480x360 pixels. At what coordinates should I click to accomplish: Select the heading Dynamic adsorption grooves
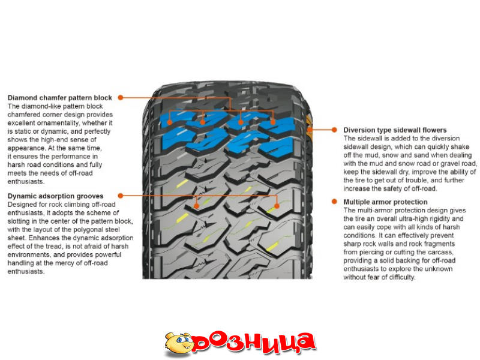(x=55, y=196)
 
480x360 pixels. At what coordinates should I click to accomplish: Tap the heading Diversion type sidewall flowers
(x=395, y=130)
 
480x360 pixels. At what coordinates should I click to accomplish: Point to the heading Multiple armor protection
(x=385, y=202)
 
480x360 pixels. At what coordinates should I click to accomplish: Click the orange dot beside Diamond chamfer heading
(x=120, y=97)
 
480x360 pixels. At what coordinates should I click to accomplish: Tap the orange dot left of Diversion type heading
(x=334, y=130)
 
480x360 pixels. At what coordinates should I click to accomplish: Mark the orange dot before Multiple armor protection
(x=334, y=202)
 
